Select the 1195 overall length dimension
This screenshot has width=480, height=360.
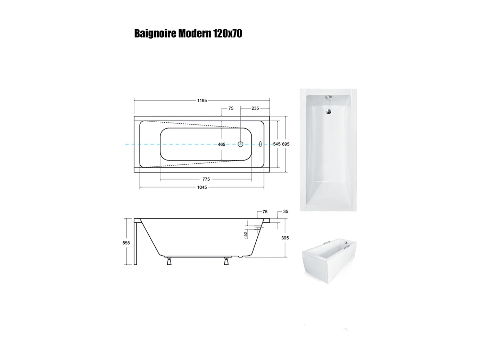point(202,100)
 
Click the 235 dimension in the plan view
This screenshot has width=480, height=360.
point(255,108)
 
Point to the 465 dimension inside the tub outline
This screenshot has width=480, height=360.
point(222,144)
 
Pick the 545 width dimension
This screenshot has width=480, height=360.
point(276,144)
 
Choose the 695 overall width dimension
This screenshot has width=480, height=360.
point(285,144)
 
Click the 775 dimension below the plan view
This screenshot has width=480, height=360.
point(206,179)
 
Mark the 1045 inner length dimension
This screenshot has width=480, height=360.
point(202,187)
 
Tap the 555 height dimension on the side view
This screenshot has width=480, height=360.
point(126,243)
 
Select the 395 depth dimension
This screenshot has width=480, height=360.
point(285,238)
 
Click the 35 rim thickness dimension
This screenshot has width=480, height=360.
point(285,211)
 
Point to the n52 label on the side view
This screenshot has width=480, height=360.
point(246,235)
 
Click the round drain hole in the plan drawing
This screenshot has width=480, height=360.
point(240,144)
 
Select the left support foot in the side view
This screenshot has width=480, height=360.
point(169,261)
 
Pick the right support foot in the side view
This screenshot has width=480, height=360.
point(226,261)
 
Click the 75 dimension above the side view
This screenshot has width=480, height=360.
point(265,211)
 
